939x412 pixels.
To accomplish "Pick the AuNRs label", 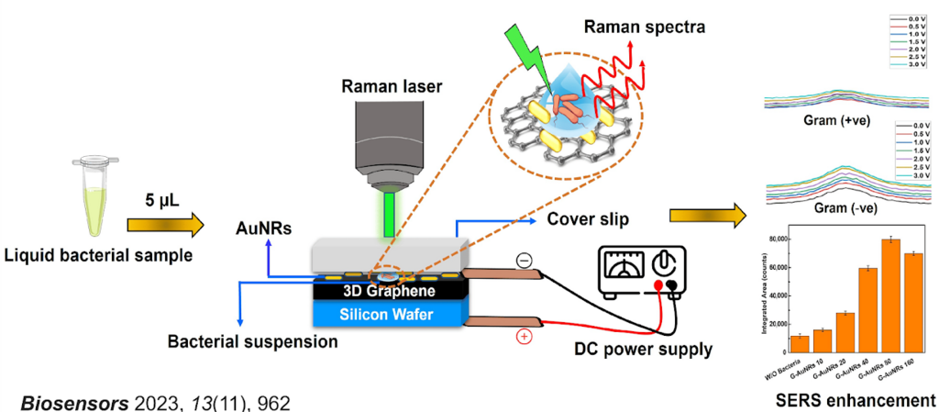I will (260, 232).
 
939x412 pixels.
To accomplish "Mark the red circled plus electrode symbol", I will (524, 337).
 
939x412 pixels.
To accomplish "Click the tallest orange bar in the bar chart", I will (889, 295).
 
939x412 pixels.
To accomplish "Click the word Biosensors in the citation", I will (61, 400).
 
